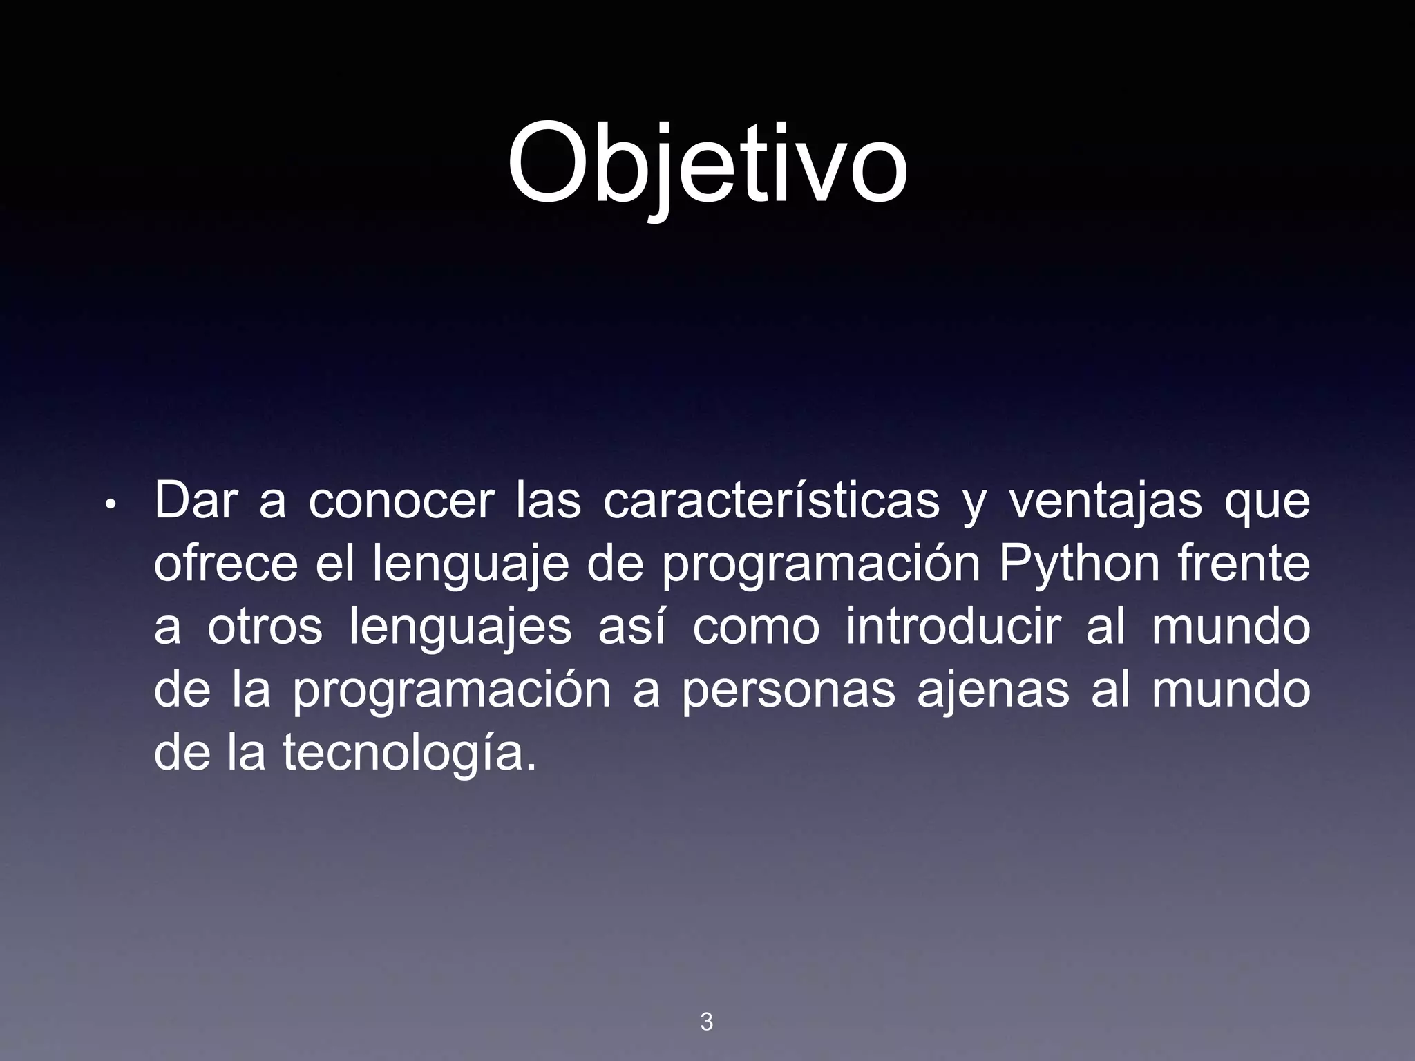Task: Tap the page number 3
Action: click(x=706, y=1021)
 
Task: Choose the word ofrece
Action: click(x=225, y=564)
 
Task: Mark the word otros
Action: click(x=265, y=627)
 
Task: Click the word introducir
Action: click(x=953, y=627)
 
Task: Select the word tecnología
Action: click(x=408, y=753)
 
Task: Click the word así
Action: click(x=632, y=627)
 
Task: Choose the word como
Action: click(x=756, y=627)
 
